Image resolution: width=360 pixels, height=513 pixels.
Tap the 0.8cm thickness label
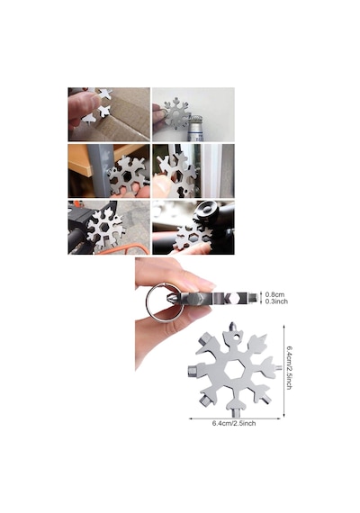point(274,295)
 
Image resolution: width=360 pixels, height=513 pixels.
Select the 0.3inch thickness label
point(276,301)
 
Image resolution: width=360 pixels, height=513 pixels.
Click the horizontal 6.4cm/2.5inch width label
point(234,423)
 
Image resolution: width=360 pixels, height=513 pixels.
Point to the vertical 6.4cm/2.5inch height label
point(289,368)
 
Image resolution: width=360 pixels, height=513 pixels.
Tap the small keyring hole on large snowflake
point(235,337)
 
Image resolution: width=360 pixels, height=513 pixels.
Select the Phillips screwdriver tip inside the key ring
point(171,299)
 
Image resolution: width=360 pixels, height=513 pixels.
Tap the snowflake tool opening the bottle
point(176,112)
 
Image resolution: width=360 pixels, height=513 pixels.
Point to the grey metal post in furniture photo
point(101,170)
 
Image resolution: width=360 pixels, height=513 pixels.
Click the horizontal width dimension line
point(235,418)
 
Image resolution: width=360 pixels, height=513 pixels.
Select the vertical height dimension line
point(283,371)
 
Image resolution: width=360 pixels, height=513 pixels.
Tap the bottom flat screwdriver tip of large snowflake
point(235,413)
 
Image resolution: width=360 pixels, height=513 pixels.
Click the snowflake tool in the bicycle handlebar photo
point(106,229)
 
